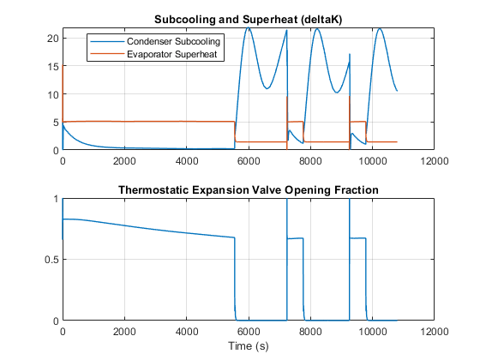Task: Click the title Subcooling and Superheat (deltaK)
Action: [248, 20]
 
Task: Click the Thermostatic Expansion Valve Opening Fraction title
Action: [249, 190]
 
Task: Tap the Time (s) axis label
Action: [249, 346]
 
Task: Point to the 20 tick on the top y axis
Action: [52, 39]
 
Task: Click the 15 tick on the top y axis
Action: [52, 67]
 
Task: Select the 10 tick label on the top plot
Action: [52, 94]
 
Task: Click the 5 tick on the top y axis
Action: [56, 123]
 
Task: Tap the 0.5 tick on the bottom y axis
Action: [51, 260]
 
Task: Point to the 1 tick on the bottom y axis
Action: [56, 199]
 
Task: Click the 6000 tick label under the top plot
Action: [249, 161]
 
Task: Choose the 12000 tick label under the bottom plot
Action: [435, 332]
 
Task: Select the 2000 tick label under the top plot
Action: [124, 161]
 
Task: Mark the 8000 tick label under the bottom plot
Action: [310, 332]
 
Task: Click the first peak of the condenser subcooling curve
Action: [249, 27]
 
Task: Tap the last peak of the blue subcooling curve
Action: [380, 29]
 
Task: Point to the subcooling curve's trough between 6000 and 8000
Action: [267, 89]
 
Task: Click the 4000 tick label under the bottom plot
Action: [187, 332]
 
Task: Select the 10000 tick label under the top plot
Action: [373, 161]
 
